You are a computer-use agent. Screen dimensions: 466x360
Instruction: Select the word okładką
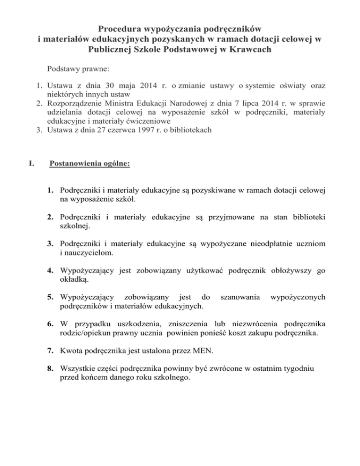[x=69, y=279]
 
